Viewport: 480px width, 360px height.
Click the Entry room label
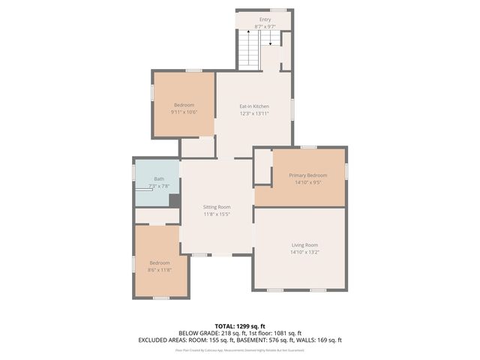265,19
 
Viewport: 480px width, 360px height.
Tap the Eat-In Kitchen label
254,106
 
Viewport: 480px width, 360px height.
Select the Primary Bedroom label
307,175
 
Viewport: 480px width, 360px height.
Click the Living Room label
305,244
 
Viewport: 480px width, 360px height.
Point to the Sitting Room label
217,207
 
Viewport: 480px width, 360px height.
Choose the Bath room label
159,179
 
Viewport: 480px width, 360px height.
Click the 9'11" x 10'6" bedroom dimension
184,112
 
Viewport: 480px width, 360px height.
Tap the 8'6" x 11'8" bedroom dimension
160,270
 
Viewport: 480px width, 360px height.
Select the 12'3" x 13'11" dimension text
254,114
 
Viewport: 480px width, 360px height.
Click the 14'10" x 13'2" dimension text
305,252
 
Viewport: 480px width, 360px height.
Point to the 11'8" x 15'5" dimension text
217,214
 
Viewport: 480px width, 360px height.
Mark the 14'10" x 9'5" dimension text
307,181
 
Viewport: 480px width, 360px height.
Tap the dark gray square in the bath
174,200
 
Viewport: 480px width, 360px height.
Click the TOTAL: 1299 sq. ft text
239,326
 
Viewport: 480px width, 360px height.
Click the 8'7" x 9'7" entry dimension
265,26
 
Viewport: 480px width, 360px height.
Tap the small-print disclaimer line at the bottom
239,349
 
